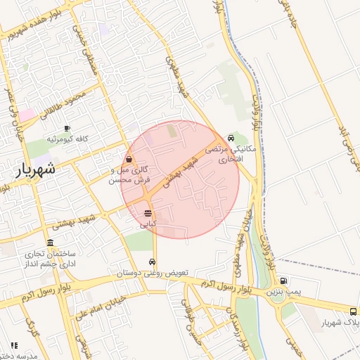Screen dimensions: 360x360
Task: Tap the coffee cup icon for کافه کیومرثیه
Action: point(67,129)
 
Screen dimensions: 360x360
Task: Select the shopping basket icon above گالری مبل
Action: point(129,160)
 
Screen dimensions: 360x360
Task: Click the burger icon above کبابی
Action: point(148,213)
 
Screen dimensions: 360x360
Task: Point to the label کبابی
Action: point(148,224)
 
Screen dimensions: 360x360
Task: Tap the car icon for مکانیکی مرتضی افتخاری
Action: point(231,138)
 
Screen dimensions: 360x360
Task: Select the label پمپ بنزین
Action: point(283,290)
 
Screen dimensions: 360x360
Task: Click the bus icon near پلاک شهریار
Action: point(353,311)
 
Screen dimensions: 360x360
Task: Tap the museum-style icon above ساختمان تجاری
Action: point(50,243)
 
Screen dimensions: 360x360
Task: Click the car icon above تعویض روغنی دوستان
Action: point(152,262)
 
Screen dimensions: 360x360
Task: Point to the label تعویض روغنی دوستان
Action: point(152,272)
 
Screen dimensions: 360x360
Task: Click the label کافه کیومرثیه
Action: point(67,139)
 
